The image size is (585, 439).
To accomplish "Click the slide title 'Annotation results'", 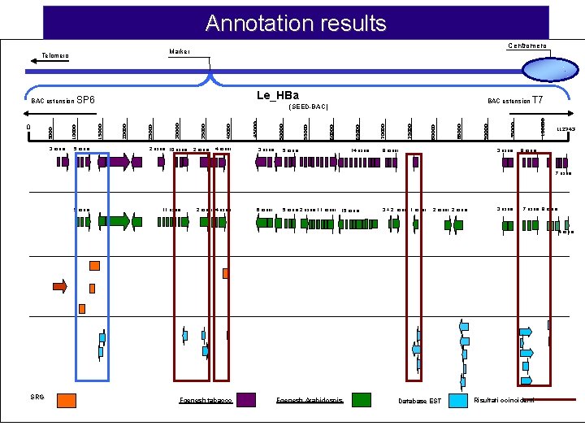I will click(x=296, y=23).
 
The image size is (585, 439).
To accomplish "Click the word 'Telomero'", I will click(x=56, y=56).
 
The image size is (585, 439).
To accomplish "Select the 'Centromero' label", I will click(x=527, y=46).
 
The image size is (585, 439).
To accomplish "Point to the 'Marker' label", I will click(x=180, y=51).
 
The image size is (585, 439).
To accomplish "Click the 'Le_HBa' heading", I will click(x=278, y=96).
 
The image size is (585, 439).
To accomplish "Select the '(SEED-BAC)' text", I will click(x=309, y=106).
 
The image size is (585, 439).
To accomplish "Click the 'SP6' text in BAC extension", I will click(x=85, y=101).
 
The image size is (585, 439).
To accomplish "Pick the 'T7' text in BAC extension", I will click(x=537, y=101).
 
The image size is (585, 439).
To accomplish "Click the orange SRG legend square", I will click(x=67, y=399).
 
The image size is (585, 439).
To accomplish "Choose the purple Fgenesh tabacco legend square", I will click(x=246, y=399).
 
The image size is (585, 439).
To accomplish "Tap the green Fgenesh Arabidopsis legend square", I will click(x=361, y=399).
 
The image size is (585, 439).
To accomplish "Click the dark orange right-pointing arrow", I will click(x=59, y=285).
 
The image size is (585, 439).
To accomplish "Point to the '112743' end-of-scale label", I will click(x=565, y=129).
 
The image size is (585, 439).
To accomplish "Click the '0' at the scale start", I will click(x=28, y=127).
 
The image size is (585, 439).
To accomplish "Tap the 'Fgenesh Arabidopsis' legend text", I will click(x=310, y=400).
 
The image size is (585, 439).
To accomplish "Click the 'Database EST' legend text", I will click(x=420, y=401).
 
